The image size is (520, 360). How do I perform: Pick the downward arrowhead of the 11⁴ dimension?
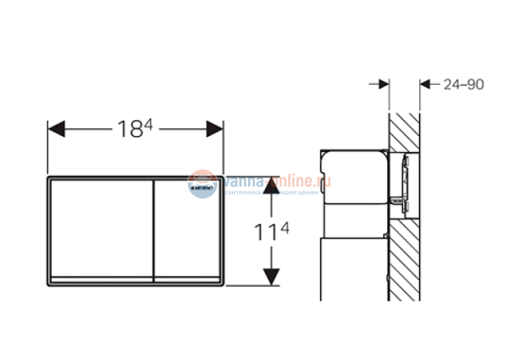pos(273,277)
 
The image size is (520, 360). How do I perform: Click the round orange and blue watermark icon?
pos(201,184)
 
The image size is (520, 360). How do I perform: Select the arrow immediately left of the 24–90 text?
pos(426,83)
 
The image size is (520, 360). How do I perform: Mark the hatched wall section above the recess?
pos(405,128)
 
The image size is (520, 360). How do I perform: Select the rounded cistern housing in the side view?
pos(352,180)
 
